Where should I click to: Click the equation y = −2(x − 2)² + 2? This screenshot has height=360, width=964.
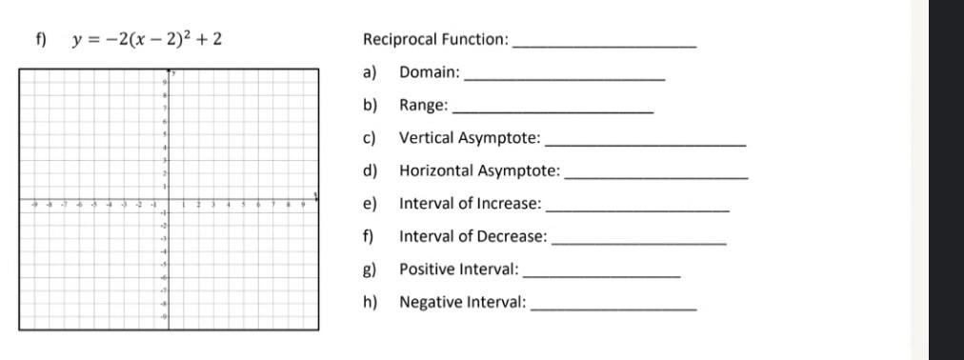(x=148, y=40)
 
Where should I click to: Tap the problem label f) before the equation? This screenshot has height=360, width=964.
(x=40, y=40)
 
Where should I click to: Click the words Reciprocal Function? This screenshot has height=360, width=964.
(x=435, y=40)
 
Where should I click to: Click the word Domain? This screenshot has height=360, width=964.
(x=429, y=72)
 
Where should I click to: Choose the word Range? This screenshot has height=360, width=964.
(x=423, y=106)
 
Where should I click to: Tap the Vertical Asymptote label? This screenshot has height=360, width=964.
(x=469, y=138)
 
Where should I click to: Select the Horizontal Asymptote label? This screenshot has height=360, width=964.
(x=479, y=171)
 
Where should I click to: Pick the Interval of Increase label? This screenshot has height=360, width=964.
(x=470, y=204)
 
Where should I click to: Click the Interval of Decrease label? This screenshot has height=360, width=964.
(x=472, y=236)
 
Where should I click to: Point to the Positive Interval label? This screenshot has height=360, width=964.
(x=458, y=270)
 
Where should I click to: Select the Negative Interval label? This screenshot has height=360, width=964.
(x=462, y=303)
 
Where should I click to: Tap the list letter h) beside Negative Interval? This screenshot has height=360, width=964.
(x=370, y=303)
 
